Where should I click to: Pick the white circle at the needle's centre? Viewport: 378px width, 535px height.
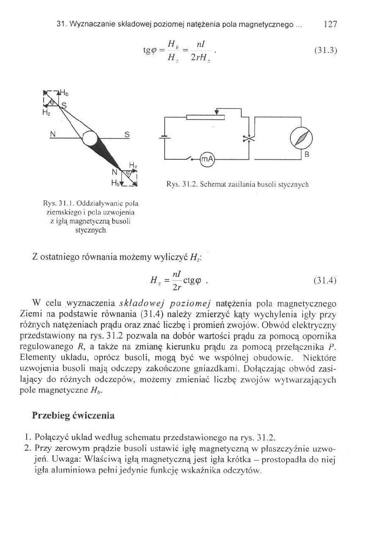[x=90, y=138]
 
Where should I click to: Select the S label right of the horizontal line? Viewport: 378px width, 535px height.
[x=126, y=134]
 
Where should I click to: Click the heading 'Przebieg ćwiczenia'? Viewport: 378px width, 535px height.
[x=73, y=416]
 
